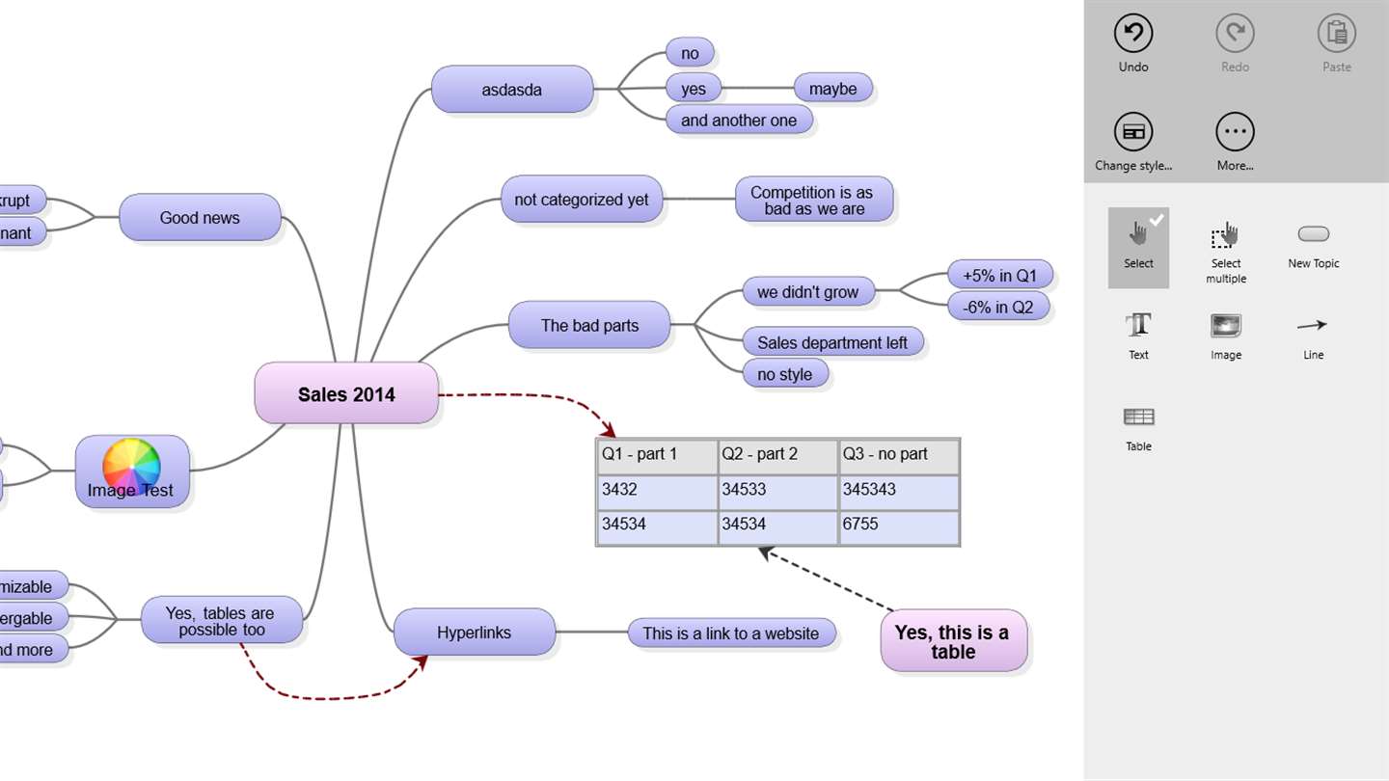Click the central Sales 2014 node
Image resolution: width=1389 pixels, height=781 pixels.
346,393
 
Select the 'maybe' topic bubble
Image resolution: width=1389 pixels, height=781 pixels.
833,89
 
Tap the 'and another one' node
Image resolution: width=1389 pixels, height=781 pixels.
739,121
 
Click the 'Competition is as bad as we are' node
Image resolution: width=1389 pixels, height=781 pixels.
814,201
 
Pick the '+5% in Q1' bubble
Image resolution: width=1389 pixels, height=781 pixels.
999,276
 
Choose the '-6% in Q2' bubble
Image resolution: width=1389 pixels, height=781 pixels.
997,308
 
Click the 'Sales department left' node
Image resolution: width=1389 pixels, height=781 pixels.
831,342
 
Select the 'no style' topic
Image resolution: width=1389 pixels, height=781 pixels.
784,374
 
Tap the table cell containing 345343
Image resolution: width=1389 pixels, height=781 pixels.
898,490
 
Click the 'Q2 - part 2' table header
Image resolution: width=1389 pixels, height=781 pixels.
777,454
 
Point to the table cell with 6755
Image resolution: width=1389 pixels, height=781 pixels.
898,525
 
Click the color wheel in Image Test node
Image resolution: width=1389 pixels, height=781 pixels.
131,466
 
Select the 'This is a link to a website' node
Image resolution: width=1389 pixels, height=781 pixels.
730,633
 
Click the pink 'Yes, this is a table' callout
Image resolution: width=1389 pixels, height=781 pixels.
953,641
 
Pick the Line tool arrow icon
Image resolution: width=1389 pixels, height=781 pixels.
1313,326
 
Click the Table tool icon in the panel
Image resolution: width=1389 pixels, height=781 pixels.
1138,417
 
